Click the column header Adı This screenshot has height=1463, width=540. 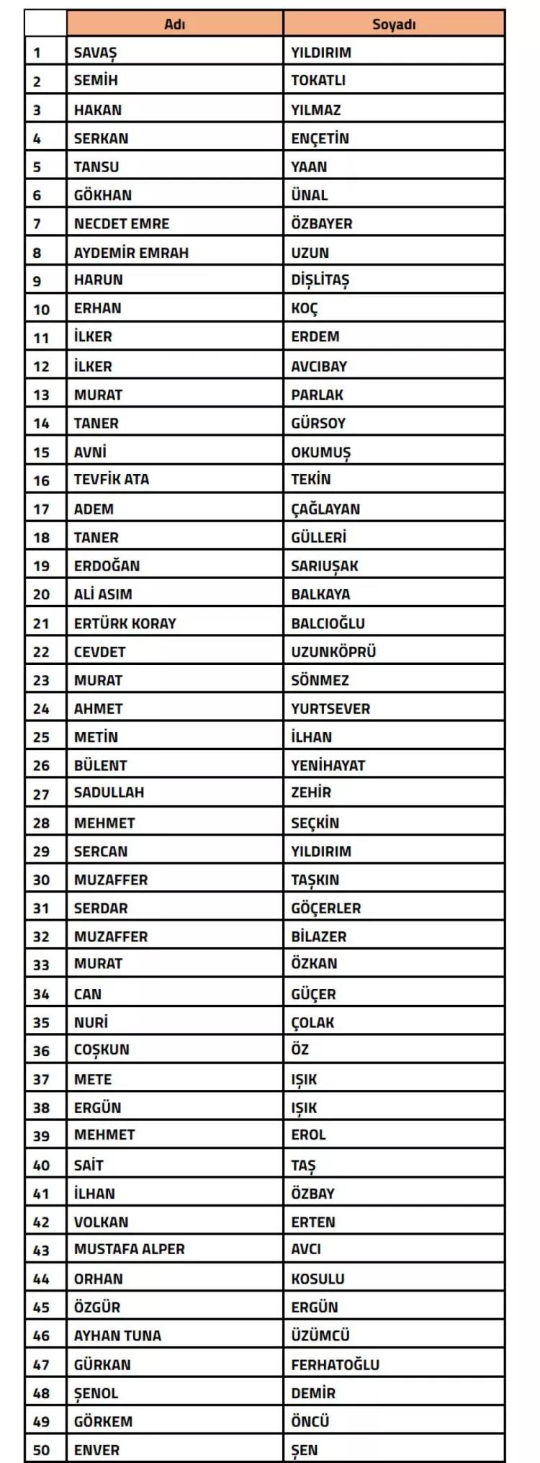175,24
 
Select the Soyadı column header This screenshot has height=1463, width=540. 394,24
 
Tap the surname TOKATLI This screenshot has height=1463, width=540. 318,81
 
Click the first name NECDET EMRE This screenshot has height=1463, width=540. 122,224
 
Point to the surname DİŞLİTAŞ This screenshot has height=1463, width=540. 320,280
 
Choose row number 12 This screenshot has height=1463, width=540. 41,367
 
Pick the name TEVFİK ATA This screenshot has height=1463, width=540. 112,480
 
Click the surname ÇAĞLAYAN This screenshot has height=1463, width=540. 325,509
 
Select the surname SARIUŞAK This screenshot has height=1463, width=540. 325,566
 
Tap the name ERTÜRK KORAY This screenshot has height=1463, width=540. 125,624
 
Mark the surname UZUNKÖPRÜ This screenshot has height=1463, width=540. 333,652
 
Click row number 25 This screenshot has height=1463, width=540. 41,738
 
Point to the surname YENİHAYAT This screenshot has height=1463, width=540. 328,766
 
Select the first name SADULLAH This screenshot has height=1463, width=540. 109,793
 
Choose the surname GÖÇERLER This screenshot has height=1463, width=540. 326,908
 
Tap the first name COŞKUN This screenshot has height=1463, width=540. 102,1050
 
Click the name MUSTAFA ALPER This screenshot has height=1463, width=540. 130,1250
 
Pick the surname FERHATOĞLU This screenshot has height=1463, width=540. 336,1364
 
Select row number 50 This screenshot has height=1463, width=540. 41,1450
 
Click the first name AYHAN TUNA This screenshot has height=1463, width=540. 117,1336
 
